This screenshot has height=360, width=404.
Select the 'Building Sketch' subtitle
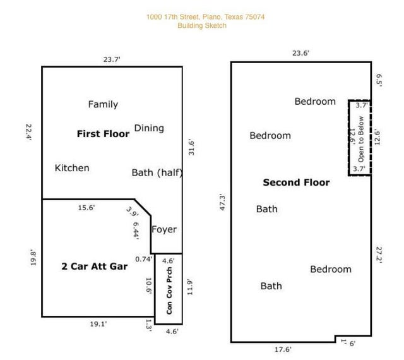(x=201, y=26)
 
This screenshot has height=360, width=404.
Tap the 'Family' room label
(x=103, y=104)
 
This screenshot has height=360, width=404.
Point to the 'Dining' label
(x=149, y=128)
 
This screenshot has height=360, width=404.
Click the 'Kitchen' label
(x=72, y=167)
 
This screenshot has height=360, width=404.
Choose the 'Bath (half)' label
(x=157, y=172)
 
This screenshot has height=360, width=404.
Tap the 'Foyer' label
(x=164, y=229)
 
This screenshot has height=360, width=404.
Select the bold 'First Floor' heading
(x=103, y=134)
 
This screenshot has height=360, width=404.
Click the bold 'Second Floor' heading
(x=296, y=183)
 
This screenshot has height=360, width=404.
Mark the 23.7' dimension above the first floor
(x=112, y=59)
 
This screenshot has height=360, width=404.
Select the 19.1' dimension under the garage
(x=98, y=323)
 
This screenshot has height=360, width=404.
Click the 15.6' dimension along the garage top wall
(x=86, y=207)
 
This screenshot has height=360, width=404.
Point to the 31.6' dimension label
(x=191, y=147)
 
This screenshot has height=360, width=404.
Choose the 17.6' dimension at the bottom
(x=283, y=349)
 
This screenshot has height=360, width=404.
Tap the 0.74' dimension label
(x=144, y=259)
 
